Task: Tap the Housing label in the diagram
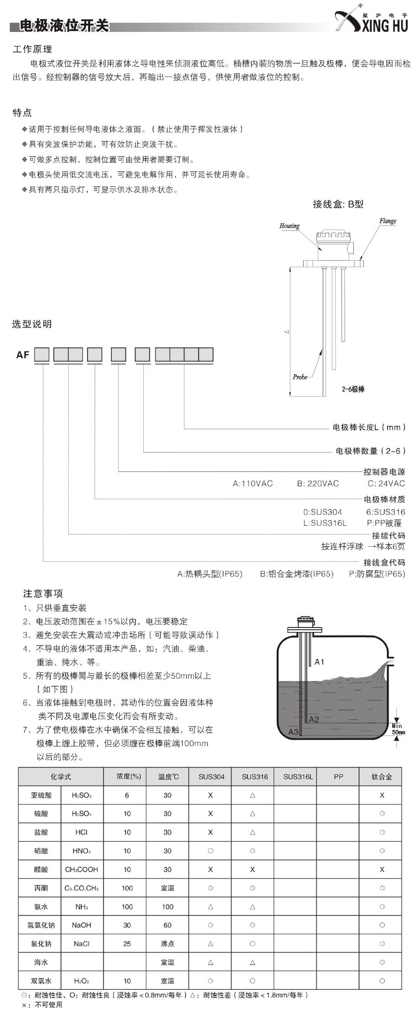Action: point(289,225)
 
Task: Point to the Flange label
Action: point(388,221)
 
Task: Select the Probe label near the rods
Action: point(300,377)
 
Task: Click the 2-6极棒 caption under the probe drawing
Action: point(353,389)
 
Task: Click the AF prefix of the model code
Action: point(23,355)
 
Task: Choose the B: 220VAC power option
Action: point(318,484)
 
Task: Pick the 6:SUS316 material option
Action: point(385,512)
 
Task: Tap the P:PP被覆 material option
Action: point(384,523)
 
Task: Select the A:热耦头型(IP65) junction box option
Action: point(210,574)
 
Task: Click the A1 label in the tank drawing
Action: point(319,662)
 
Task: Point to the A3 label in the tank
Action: point(293,732)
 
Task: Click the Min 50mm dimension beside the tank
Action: point(398,729)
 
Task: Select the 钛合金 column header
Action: point(382,777)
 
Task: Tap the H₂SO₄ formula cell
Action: point(82,814)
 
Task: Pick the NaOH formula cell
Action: point(81,925)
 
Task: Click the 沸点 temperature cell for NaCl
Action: point(167,944)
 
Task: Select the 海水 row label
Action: point(41,962)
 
